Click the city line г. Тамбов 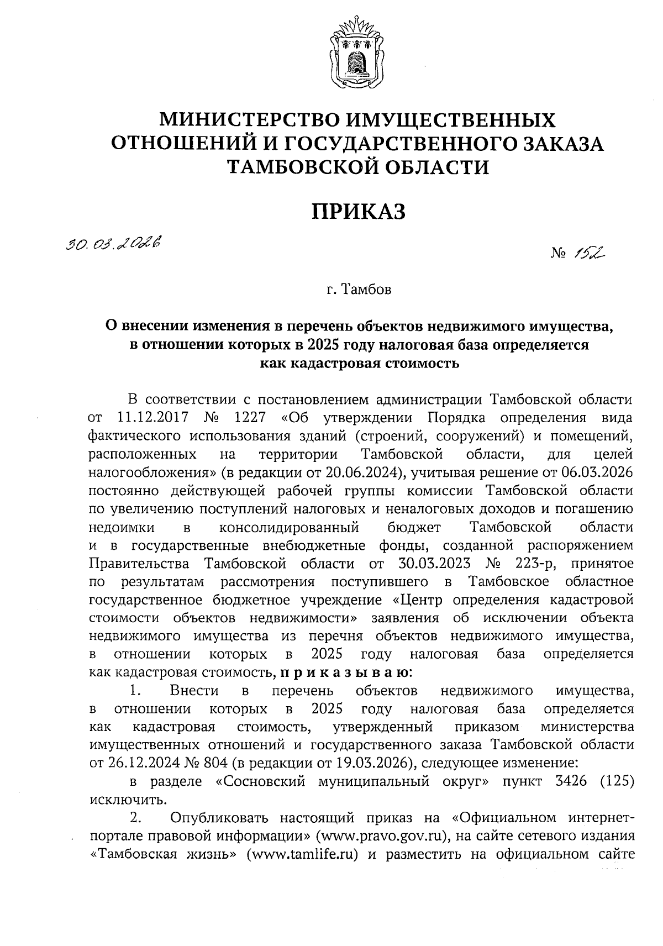click(358, 290)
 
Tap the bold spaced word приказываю click(346, 673)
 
